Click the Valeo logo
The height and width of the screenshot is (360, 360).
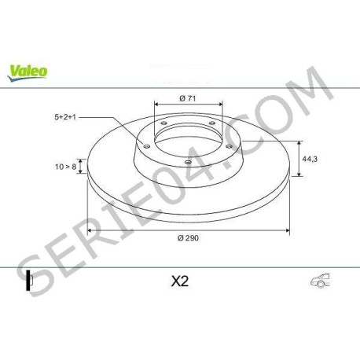click(28, 72)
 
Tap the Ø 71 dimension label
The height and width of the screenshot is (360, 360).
click(188, 98)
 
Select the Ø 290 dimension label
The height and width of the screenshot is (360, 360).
click(188, 238)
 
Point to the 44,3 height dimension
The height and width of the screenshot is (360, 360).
click(310, 159)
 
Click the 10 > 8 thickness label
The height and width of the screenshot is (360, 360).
click(65, 167)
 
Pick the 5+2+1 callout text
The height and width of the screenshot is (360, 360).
click(65, 117)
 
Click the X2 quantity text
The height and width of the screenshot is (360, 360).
click(180, 281)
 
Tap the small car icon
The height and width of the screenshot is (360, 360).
click(320, 281)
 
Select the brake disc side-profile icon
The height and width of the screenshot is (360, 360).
click(28, 281)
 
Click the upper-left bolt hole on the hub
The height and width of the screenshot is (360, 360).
click(164, 123)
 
